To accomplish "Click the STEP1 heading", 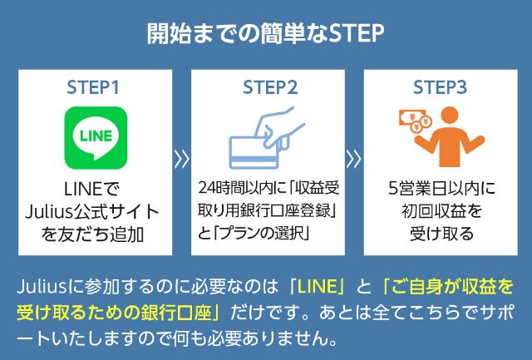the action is click(93, 87).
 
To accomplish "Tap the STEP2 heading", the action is click(270, 87).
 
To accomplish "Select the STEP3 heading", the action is click(440, 87).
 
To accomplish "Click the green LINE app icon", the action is click(96, 138).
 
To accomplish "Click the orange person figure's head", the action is click(450, 117).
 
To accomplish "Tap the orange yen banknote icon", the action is click(411, 118).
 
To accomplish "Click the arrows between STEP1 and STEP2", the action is click(181, 160).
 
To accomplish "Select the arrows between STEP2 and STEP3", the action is click(354, 160).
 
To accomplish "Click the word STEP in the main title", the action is click(357, 33).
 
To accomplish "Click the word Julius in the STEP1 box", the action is click(48, 212).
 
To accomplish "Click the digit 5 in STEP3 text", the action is click(393, 189).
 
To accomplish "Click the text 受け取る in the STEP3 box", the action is click(441, 234).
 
